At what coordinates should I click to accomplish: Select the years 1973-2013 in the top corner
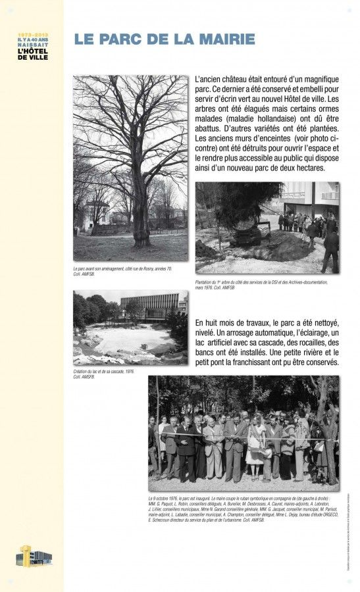[x=33, y=34]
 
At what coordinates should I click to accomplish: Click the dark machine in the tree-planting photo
[x=252, y=232]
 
